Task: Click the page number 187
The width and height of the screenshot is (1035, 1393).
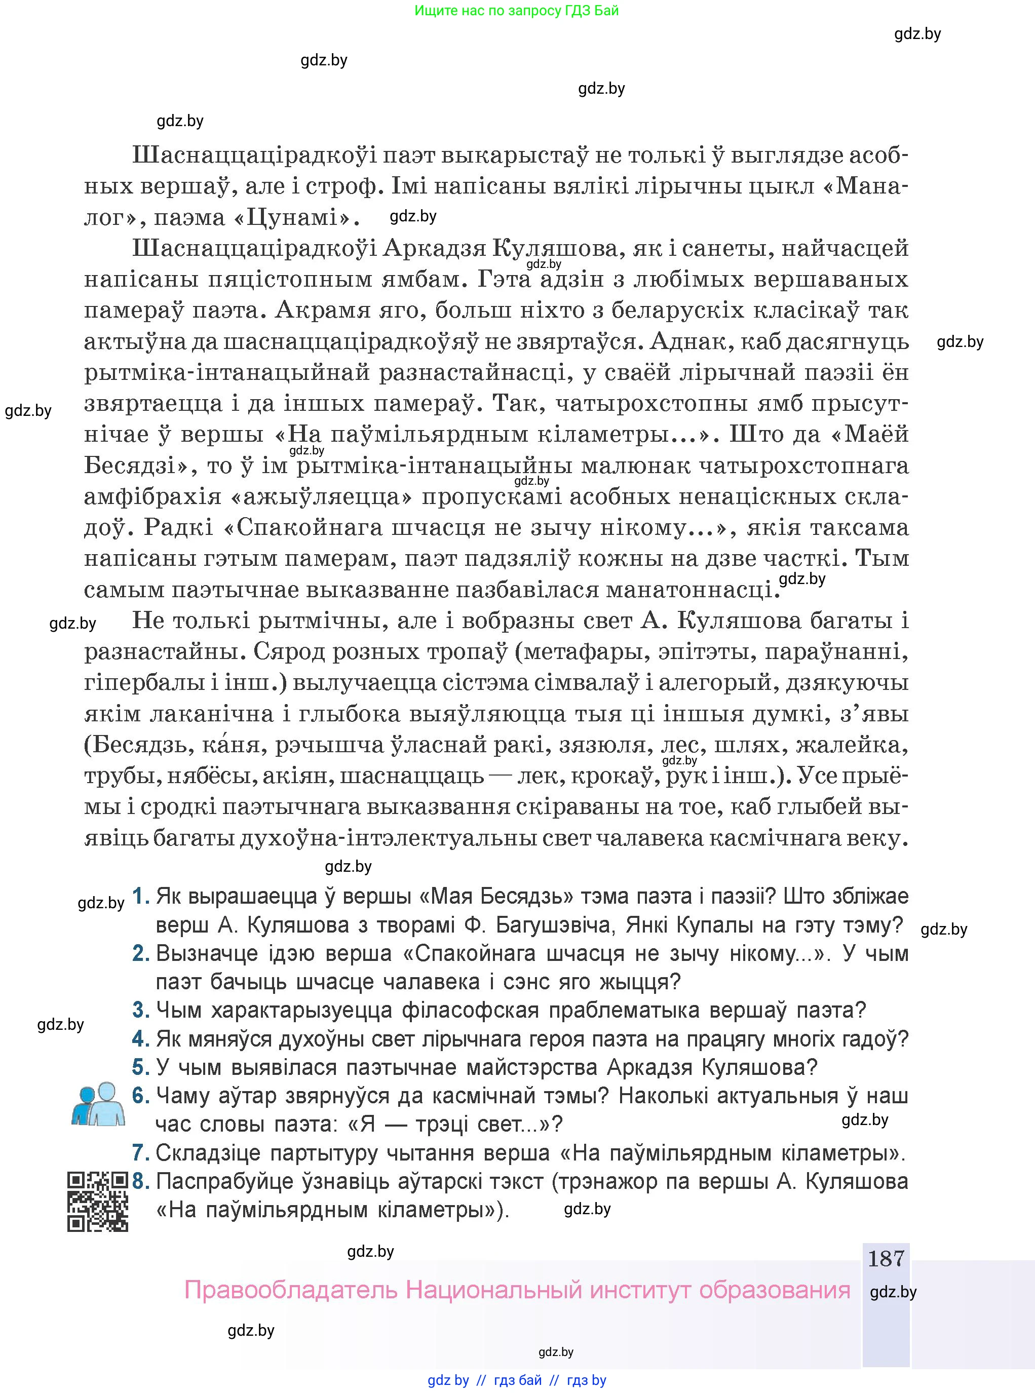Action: click(x=885, y=1258)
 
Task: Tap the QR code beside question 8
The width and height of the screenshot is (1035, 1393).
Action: click(x=98, y=1202)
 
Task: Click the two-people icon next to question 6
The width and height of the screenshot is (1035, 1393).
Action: click(x=98, y=1104)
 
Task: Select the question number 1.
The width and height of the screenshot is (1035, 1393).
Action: click(x=141, y=896)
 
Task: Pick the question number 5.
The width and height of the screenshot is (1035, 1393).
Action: click(x=141, y=1067)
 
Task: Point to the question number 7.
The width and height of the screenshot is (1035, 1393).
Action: click(x=141, y=1152)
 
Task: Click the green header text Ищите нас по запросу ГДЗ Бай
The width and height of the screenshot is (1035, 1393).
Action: click(x=516, y=11)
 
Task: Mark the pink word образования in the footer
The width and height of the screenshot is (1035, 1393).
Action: click(x=775, y=1290)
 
